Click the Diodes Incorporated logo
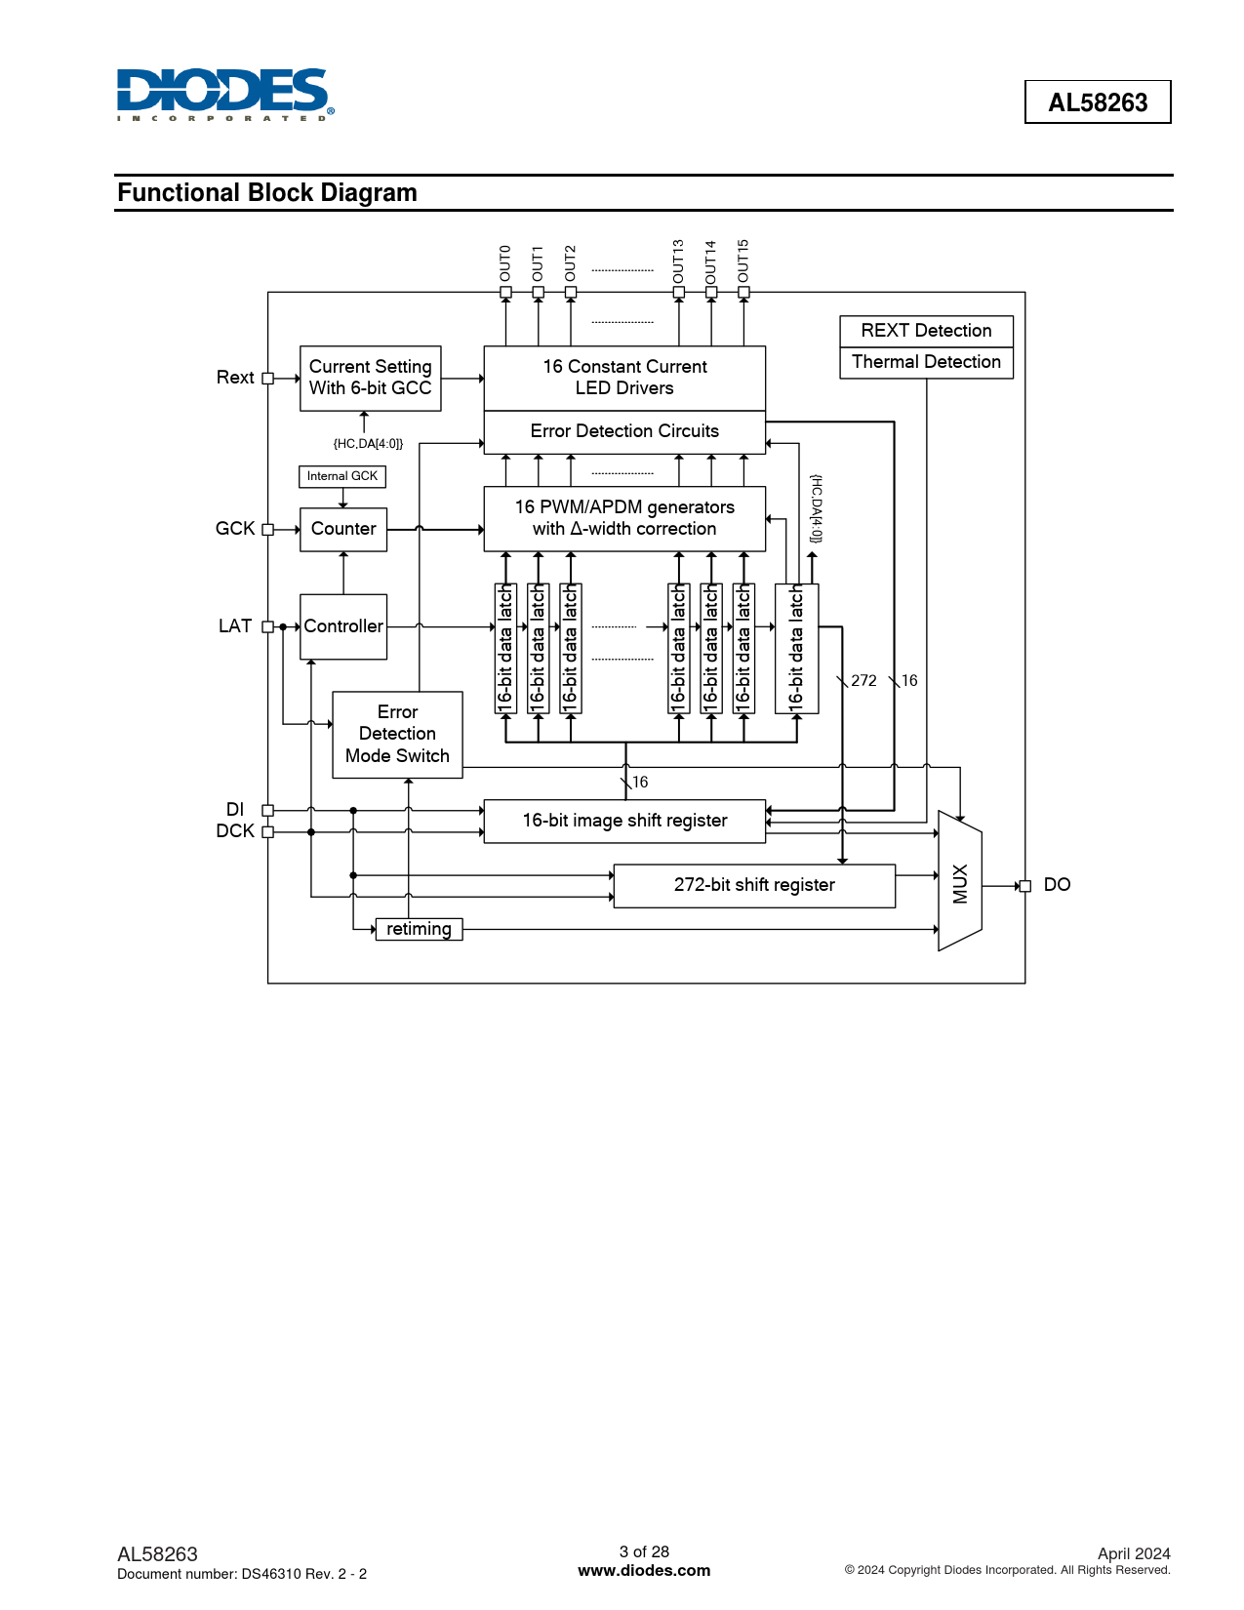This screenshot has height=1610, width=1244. (x=225, y=95)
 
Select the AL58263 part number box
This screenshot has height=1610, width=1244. (x=1098, y=101)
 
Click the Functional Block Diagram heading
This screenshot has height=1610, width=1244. (x=266, y=192)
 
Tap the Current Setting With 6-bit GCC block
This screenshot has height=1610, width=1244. (x=371, y=378)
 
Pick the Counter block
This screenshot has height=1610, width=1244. (x=343, y=529)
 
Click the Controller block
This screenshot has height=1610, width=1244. (x=343, y=626)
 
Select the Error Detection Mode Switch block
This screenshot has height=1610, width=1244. (x=397, y=735)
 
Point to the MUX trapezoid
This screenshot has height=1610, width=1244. (x=959, y=881)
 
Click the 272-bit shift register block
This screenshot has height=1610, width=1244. (x=754, y=885)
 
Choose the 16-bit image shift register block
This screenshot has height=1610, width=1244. (x=624, y=821)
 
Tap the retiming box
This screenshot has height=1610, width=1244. (x=419, y=929)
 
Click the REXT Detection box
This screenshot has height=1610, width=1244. (x=926, y=331)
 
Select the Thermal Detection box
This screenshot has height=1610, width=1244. (x=926, y=363)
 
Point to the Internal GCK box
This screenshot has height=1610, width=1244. (x=342, y=476)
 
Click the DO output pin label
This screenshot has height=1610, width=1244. (x=1057, y=885)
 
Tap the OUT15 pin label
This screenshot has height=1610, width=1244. (x=743, y=261)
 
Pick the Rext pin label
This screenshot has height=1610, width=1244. (x=235, y=378)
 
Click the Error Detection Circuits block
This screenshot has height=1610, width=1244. (x=624, y=432)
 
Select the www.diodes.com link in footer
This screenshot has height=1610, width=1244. (x=644, y=1570)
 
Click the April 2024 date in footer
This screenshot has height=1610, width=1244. (x=1134, y=1553)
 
